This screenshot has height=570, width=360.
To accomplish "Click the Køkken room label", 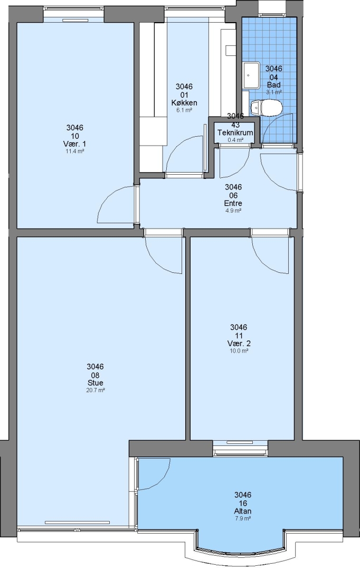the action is tap(184, 103).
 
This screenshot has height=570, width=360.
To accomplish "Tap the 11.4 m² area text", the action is tap(75, 151).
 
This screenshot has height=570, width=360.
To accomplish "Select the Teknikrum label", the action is tap(235, 132).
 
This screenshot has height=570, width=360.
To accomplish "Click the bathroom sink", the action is tap(251, 75).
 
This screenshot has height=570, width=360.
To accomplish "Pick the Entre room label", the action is tap(233, 203).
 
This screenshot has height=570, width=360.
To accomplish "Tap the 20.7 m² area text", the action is tap(96, 391).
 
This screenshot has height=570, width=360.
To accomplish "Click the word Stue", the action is tap(95, 383).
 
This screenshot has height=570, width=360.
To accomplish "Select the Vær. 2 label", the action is tap(239, 344).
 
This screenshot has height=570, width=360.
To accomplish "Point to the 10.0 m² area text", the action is tap(239, 351).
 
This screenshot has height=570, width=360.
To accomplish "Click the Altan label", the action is tap(242, 511).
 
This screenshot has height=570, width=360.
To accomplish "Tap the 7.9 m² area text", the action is tap(243, 519).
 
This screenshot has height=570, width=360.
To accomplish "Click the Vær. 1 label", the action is tap(75, 144).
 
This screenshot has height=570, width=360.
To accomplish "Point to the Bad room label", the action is tap(274, 85).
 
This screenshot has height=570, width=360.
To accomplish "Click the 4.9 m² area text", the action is tap(233, 211).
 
